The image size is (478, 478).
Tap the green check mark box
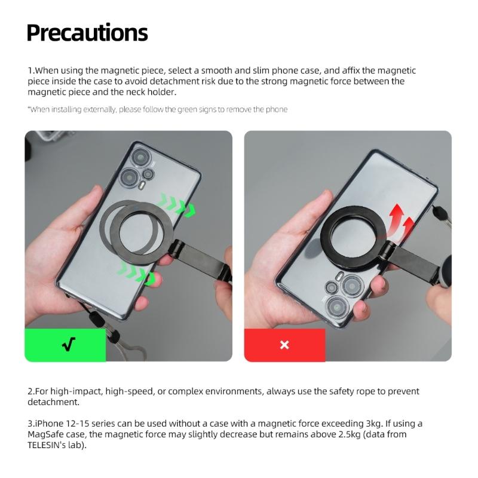(x=65, y=345)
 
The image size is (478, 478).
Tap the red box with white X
(x=284, y=345)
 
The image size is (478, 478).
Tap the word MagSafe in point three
(x=49, y=434)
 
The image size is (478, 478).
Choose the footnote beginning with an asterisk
(x=158, y=109)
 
